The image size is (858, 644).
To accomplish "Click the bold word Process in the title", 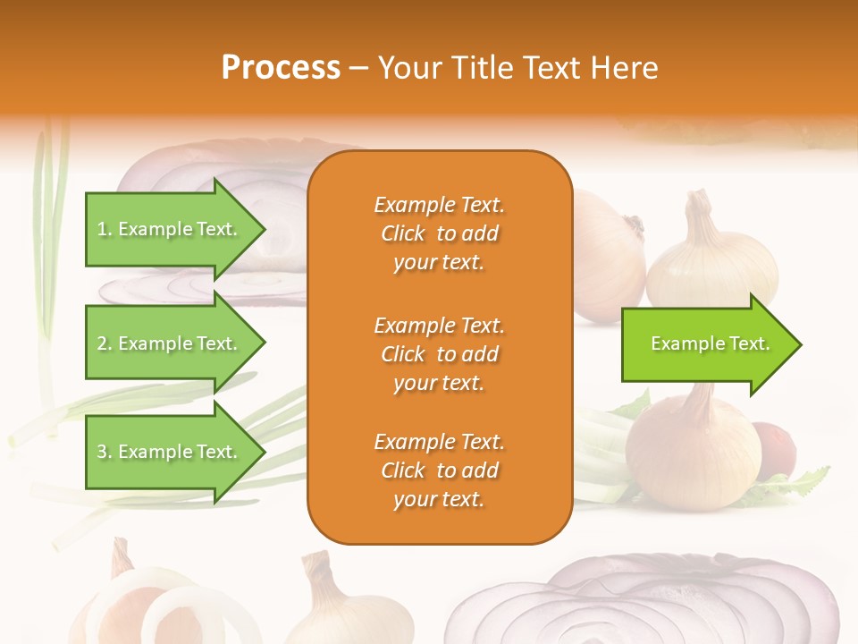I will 281,68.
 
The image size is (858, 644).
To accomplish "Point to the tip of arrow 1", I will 264,229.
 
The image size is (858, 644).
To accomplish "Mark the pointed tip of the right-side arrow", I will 800,344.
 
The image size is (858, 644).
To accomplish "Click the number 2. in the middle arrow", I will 105,343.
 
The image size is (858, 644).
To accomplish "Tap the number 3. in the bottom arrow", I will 105,452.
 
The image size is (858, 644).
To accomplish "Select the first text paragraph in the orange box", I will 439,233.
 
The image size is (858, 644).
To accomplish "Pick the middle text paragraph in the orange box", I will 439,354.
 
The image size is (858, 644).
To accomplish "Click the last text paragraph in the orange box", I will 439,470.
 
